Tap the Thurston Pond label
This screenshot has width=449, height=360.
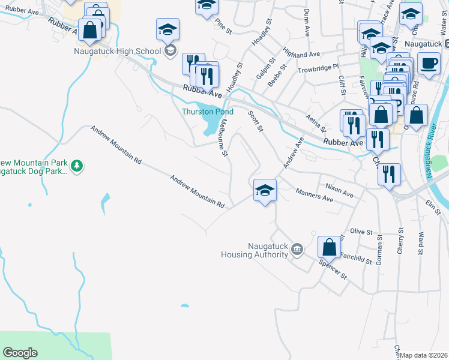click(x=208, y=112)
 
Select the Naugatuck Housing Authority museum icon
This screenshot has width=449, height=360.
click(x=297, y=248)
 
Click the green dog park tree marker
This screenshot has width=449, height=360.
click(x=76, y=165)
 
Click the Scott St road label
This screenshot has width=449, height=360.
click(x=256, y=119)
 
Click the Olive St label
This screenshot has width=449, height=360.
click(x=362, y=231)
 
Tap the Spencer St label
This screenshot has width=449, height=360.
click(x=333, y=269)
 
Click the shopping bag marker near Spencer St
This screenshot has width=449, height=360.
click(x=329, y=247)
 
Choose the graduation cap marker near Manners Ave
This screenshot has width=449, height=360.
click(x=265, y=191)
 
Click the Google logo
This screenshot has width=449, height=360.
click(x=20, y=353)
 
